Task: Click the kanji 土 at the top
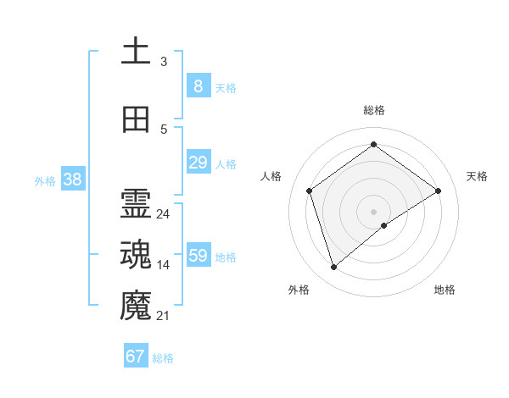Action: [136, 52]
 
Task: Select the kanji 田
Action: [136, 119]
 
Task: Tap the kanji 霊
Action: [136, 205]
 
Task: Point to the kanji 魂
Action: [136, 256]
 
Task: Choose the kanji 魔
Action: [136, 306]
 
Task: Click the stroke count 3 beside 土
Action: [164, 62]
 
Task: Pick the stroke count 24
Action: [164, 214]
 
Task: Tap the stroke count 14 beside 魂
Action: [164, 265]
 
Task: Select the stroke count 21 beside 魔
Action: [164, 316]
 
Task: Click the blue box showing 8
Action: [198, 86]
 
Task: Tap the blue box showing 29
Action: [198, 162]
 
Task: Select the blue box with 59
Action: [198, 255]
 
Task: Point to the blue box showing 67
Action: [136, 356]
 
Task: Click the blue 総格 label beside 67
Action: [163, 358]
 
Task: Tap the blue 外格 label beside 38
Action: [44, 180]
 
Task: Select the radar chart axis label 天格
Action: [477, 176]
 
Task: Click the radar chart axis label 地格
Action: [445, 290]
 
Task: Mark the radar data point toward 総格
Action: [373, 145]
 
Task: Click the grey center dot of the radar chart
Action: [373, 210]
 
